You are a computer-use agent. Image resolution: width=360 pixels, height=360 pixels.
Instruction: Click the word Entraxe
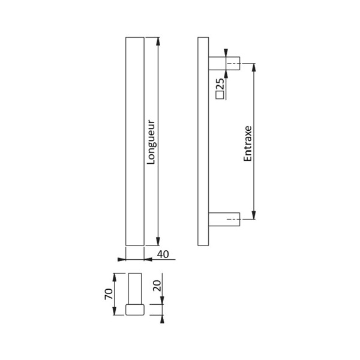coord(247,144)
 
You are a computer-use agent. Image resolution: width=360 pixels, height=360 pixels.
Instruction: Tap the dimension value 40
coord(161,254)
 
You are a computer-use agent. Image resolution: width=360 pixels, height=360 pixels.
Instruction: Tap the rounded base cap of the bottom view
coord(135,310)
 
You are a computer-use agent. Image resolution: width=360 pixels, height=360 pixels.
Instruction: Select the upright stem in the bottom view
coord(135,288)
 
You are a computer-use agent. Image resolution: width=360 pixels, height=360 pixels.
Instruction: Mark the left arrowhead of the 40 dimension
coord(122,260)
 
